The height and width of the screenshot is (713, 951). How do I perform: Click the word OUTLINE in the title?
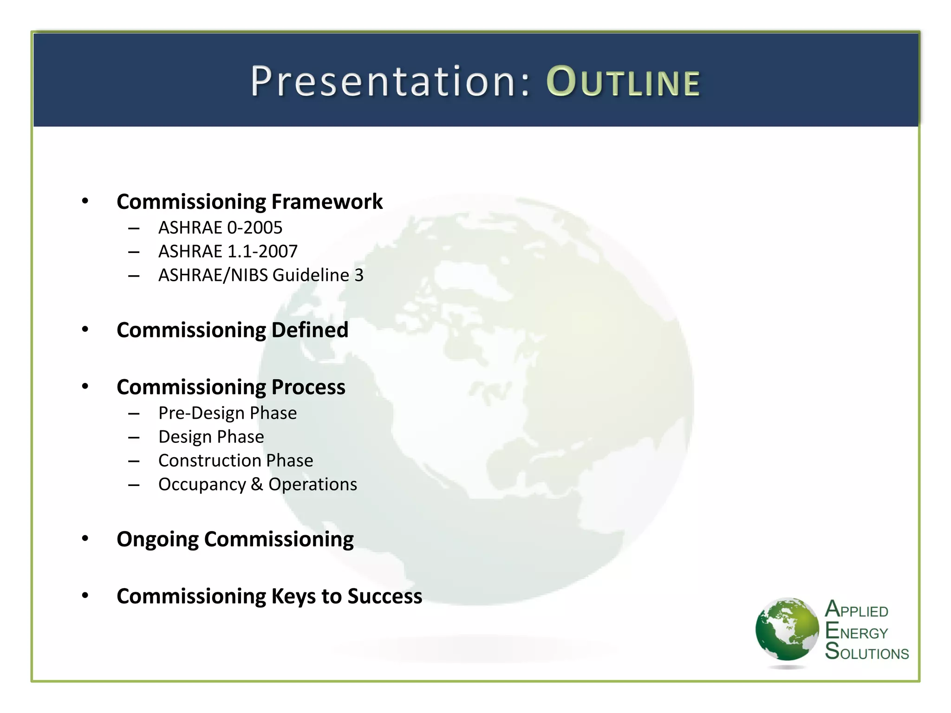coord(623,82)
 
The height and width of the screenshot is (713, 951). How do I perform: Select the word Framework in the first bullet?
coord(327,201)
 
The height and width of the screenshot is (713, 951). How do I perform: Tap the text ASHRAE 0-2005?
coord(220,227)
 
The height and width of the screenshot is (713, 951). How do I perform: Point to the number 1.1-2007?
coord(262,251)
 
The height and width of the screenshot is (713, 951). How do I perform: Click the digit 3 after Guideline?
coord(359,275)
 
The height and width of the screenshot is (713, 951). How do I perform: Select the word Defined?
coord(310,330)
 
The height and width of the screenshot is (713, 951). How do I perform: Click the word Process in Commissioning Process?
coord(308,387)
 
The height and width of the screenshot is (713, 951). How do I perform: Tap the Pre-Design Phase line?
coord(228,413)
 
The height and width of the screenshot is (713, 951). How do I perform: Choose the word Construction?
coord(209,460)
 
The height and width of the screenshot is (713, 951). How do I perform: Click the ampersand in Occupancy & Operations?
coord(257,484)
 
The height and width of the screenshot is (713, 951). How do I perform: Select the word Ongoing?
coord(157,539)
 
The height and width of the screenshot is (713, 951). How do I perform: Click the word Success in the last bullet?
coord(384,596)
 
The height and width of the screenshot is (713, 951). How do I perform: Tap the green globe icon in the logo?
coord(787,629)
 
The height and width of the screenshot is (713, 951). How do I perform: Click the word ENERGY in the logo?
coord(856,632)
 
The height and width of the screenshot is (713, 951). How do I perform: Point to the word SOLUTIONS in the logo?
coord(866,652)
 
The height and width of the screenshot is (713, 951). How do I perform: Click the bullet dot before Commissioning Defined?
coord(85,330)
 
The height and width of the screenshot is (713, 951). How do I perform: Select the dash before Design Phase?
coord(134,437)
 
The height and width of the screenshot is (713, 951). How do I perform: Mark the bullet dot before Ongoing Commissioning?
coord(85,538)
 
